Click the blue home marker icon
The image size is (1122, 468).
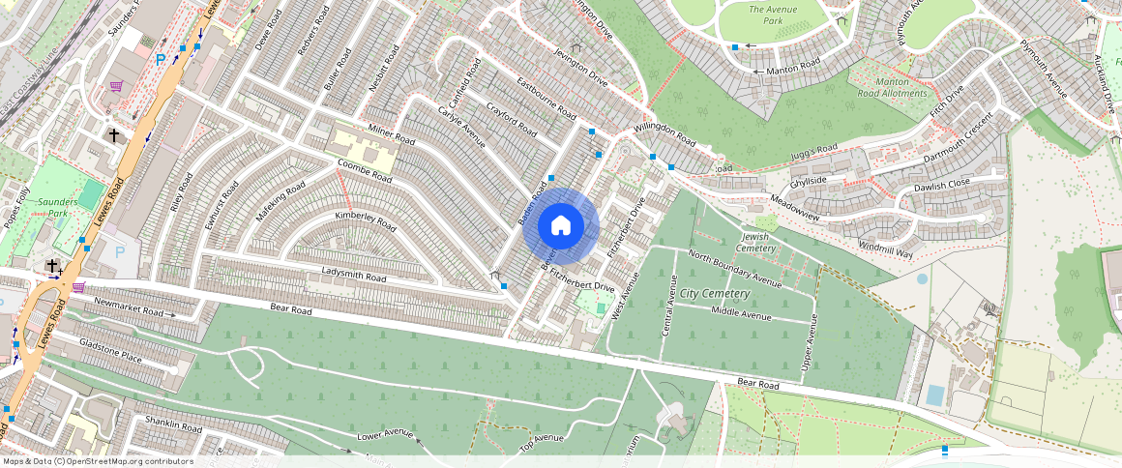[x=560, y=226]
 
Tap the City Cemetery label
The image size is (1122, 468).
[x=715, y=293]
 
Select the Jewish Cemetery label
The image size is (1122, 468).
[x=757, y=243]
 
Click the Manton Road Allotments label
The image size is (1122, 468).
[x=893, y=88]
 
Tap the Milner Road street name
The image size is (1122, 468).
[x=392, y=135]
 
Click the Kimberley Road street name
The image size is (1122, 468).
[x=366, y=220]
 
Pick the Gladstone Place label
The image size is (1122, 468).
[x=110, y=350]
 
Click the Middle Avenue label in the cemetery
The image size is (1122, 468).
[x=741, y=313]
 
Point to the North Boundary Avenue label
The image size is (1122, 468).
[x=734, y=268]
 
